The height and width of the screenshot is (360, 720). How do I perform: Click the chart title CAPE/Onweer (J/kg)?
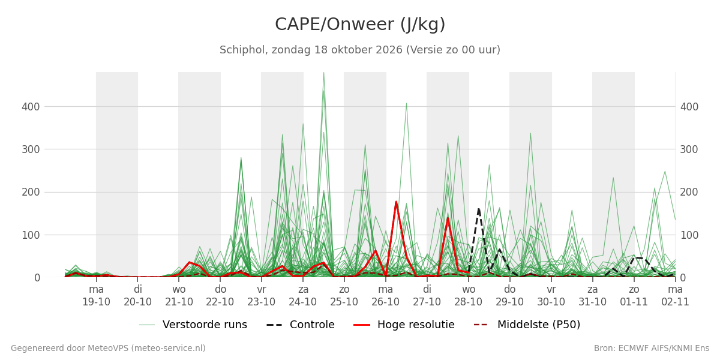[360, 25]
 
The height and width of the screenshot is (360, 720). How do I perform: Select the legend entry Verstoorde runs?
[193, 325]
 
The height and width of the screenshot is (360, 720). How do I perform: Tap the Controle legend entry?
[301, 325]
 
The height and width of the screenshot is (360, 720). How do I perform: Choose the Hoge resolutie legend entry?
[404, 325]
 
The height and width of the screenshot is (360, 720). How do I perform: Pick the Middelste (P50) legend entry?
[527, 325]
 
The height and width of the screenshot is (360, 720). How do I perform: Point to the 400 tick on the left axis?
[31, 107]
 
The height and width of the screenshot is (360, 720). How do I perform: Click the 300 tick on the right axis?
[689, 149]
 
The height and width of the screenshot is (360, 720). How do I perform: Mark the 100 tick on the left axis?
[31, 235]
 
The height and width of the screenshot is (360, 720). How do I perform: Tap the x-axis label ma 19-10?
[96, 296]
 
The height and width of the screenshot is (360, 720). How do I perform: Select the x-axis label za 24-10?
[303, 296]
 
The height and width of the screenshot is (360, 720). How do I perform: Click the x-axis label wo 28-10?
[469, 296]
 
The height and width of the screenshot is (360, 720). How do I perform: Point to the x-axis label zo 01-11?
[634, 296]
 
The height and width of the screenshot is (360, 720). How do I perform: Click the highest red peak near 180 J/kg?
[396, 202]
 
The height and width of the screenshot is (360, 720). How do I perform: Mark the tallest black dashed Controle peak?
[479, 209]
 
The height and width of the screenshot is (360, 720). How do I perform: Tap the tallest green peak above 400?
[323, 73]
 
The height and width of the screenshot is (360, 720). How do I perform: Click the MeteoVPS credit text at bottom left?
[109, 348]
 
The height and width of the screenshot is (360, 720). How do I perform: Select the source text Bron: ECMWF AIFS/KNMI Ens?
[652, 348]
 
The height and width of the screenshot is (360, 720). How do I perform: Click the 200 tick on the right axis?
[689, 192]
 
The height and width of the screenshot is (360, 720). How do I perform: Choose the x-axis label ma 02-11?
[675, 296]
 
